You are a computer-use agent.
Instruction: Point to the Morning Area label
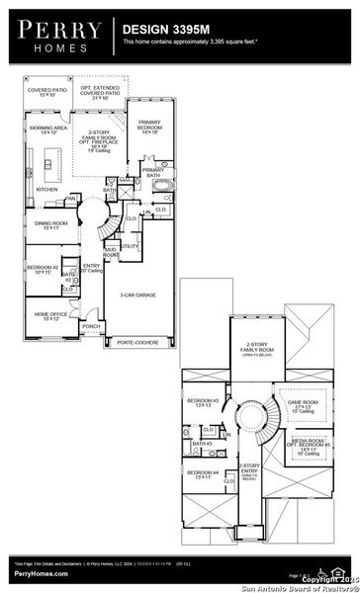click(x=47, y=129)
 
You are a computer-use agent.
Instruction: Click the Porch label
click(x=91, y=325)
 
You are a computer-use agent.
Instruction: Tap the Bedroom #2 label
click(x=45, y=270)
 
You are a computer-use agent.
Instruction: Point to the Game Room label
click(x=302, y=405)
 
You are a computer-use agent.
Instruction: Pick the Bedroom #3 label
click(x=203, y=402)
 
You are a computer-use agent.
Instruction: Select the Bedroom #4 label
click(x=204, y=473)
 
